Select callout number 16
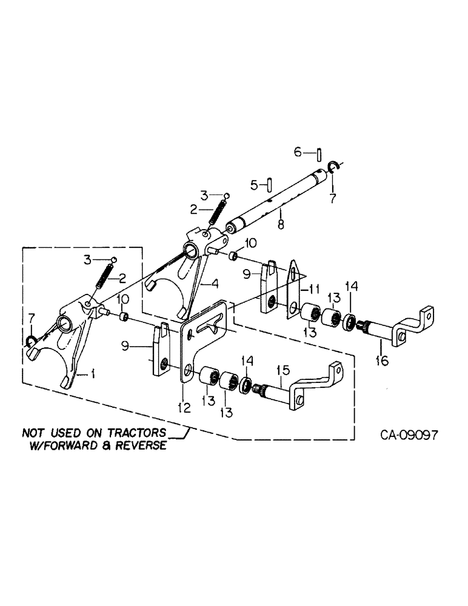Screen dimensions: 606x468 pyautogui.click(x=381, y=362)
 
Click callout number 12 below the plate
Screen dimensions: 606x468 pyautogui.click(x=184, y=408)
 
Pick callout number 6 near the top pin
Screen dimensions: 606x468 pyautogui.click(x=298, y=152)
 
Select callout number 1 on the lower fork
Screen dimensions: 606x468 pyautogui.click(x=93, y=375)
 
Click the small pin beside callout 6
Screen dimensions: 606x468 pyautogui.click(x=318, y=153)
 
